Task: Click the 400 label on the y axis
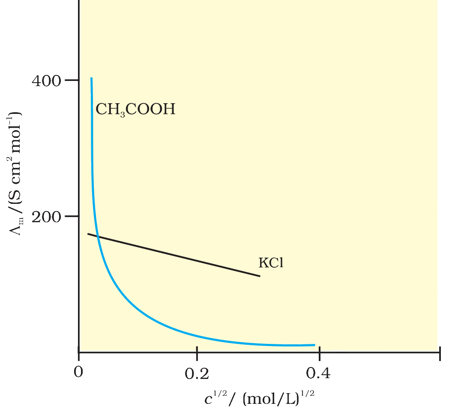point(46,81)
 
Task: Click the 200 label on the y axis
point(46,217)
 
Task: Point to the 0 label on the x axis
point(78,372)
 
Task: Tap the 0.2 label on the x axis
point(197,373)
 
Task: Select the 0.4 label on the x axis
point(318,373)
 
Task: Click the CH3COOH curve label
point(135,109)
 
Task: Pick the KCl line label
point(271,263)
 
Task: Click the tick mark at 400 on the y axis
point(72,80)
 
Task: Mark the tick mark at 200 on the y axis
point(72,216)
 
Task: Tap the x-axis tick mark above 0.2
point(197,350)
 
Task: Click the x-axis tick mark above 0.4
point(320,350)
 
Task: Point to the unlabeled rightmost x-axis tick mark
point(440,353)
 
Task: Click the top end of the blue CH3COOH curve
point(91,78)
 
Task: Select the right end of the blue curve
point(314,345)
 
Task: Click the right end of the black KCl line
point(260,276)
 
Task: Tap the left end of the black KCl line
point(88,234)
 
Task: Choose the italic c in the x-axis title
point(208,399)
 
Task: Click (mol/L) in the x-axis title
point(271,399)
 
